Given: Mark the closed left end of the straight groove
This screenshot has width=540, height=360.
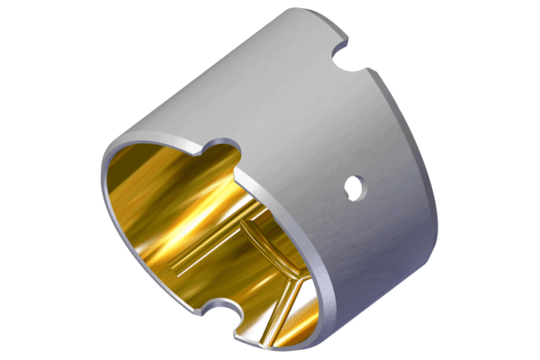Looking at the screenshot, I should point(174,266).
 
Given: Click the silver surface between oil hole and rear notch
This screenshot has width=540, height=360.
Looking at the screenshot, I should point(360,126).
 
